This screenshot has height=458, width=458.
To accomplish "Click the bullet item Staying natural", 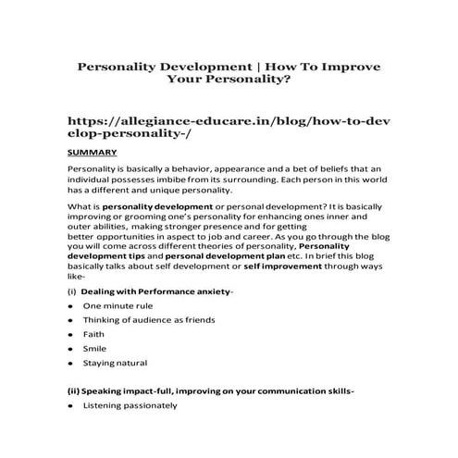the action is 116,364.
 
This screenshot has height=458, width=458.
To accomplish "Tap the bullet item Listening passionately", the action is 129,406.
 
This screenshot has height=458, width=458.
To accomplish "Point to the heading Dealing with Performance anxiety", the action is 157,291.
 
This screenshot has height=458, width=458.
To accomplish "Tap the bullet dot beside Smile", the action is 71,349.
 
